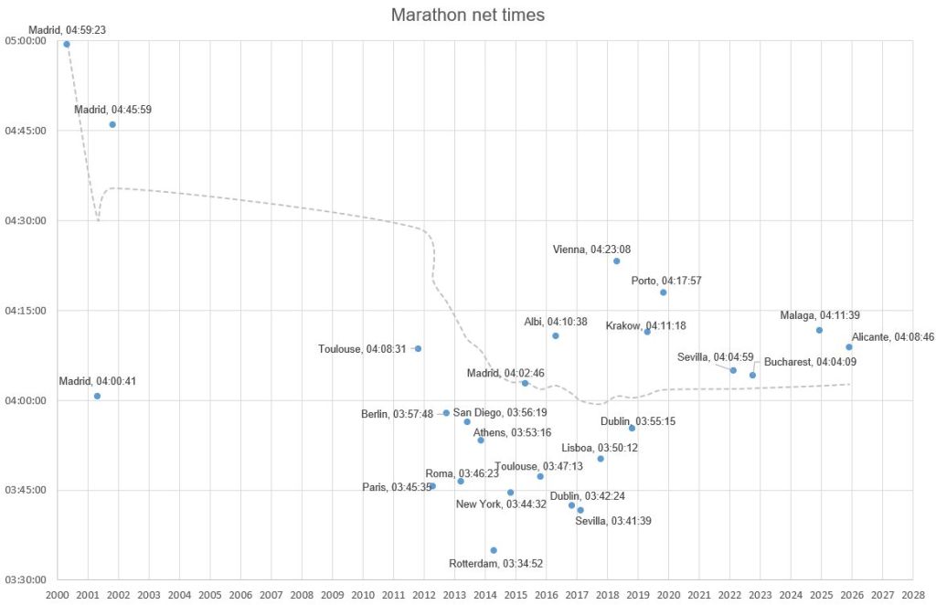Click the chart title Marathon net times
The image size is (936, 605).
coord(468,16)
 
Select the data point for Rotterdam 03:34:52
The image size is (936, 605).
coord(494,550)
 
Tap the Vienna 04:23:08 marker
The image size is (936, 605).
coord(617,261)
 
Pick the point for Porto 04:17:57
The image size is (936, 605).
coord(664,292)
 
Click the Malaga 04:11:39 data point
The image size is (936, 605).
coord(819,330)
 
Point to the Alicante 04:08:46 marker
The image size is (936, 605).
coord(849,347)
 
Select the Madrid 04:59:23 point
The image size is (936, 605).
coord(67,44)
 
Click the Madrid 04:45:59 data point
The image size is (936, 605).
coord(112,124)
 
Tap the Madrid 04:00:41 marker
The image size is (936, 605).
coord(97,396)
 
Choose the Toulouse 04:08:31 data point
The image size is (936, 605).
coord(418,348)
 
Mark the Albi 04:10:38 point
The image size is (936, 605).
coord(556,336)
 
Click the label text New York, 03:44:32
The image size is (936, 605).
coord(501,504)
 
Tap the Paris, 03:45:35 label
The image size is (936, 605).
coord(396,487)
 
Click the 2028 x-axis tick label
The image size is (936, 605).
coord(913,595)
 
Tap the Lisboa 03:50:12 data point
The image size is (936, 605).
coord(601,459)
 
